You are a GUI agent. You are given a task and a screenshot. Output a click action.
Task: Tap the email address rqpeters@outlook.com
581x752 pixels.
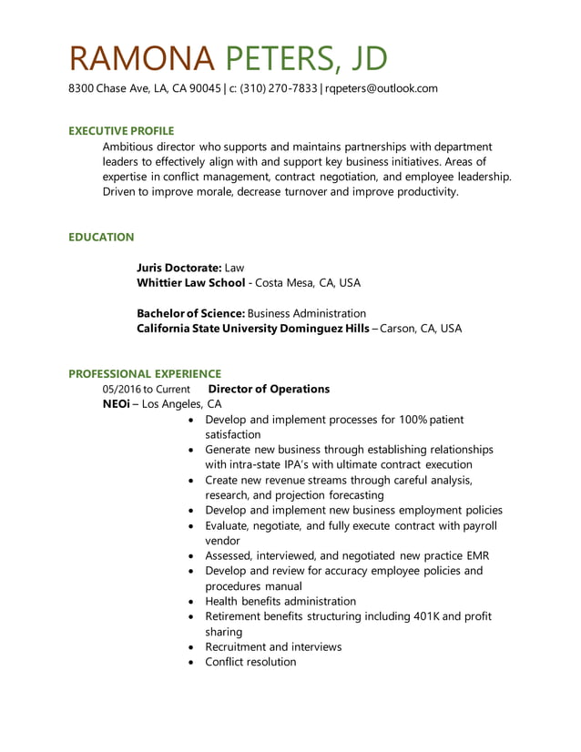[382, 88]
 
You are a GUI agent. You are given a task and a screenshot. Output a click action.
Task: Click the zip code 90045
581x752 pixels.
[206, 88]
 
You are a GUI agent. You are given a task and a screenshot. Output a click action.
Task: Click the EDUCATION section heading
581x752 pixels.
[101, 237]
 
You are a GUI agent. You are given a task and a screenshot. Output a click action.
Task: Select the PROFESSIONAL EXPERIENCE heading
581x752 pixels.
[145, 373]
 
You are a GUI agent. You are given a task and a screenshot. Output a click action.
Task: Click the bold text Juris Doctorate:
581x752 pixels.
[178, 268]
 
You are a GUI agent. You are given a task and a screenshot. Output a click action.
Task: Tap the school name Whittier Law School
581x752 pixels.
[190, 283]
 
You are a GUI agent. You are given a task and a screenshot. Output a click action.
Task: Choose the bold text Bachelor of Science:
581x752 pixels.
[190, 313]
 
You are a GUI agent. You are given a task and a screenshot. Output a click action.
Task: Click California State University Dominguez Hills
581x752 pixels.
[252, 329]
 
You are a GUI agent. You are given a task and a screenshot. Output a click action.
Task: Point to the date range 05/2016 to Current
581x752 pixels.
[146, 390]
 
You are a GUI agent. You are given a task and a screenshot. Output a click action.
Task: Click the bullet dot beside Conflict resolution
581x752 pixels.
[189, 663]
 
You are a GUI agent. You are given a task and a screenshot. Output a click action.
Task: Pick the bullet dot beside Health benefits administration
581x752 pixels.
[189, 602]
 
